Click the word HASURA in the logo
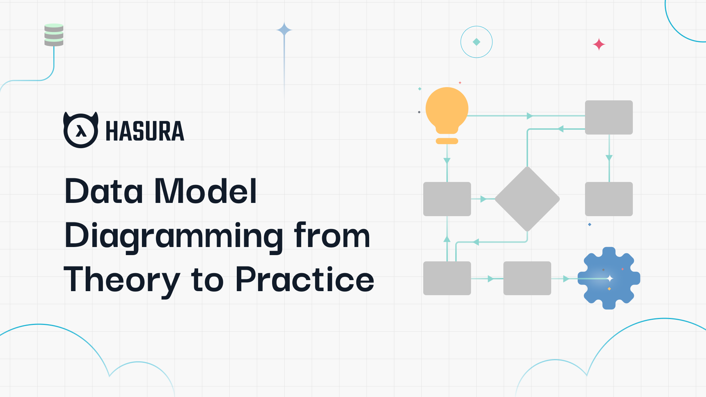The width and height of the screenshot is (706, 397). coord(145,131)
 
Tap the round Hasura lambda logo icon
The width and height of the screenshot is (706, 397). coord(81,130)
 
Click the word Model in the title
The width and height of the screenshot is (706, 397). coord(205,191)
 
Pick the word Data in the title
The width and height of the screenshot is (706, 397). coord(104,191)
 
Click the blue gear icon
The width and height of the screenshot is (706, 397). coord(609,278)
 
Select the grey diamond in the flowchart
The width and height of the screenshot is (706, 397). coord(527,199)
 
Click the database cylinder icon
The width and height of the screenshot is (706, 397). coord(54,35)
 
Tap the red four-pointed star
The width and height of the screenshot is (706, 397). coord(599,44)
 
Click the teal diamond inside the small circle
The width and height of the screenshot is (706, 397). coord(477,42)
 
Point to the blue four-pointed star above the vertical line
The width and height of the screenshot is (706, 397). coord(284,30)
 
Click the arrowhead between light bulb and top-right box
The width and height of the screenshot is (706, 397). coord(529,116)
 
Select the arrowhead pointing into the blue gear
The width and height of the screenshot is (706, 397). coord(566,279)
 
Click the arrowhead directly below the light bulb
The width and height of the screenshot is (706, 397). coord(447,161)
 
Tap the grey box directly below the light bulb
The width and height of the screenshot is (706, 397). coord(447,199)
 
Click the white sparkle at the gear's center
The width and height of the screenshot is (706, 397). coord(610,279)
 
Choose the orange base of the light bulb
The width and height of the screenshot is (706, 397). coord(447,141)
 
